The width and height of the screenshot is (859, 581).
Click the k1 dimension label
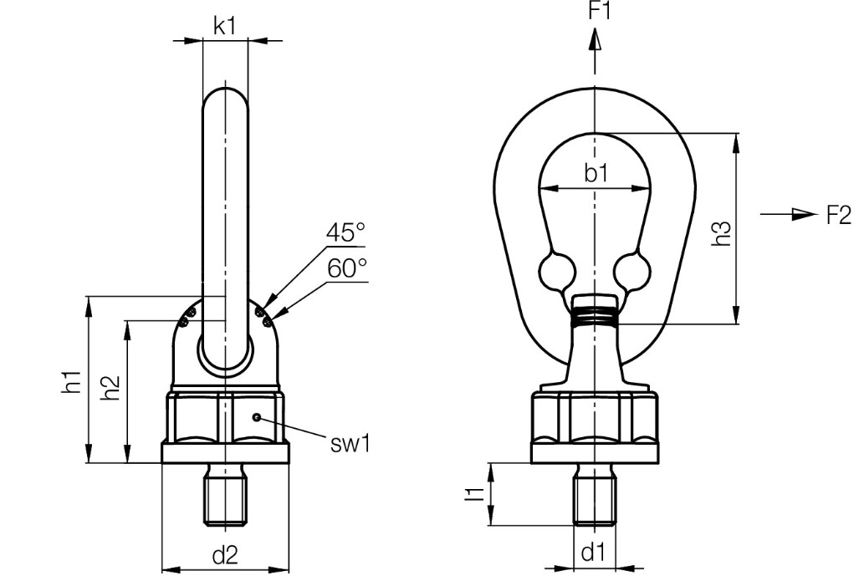(224, 25)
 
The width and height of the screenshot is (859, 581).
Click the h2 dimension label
(110, 389)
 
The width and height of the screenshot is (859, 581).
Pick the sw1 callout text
(350, 443)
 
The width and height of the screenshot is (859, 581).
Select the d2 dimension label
(224, 554)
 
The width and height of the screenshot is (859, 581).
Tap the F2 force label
(838, 216)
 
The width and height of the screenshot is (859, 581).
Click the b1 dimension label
(595, 174)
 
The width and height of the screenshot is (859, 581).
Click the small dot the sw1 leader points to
(258, 416)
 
